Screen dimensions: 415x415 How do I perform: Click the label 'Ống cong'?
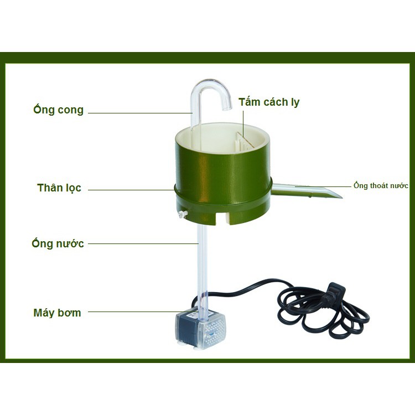point(58,110)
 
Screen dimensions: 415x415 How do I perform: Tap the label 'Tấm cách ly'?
point(269,102)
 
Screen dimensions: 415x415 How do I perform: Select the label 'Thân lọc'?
point(59,188)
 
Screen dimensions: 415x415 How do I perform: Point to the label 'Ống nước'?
point(58,243)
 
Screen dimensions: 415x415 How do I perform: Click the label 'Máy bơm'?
point(57,313)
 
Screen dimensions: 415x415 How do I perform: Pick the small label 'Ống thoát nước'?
point(381,186)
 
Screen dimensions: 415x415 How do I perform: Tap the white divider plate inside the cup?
point(244,141)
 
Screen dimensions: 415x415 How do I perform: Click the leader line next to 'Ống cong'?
point(138,113)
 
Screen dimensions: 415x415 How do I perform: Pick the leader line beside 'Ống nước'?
point(142,243)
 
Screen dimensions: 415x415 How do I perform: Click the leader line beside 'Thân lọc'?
point(133,189)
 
